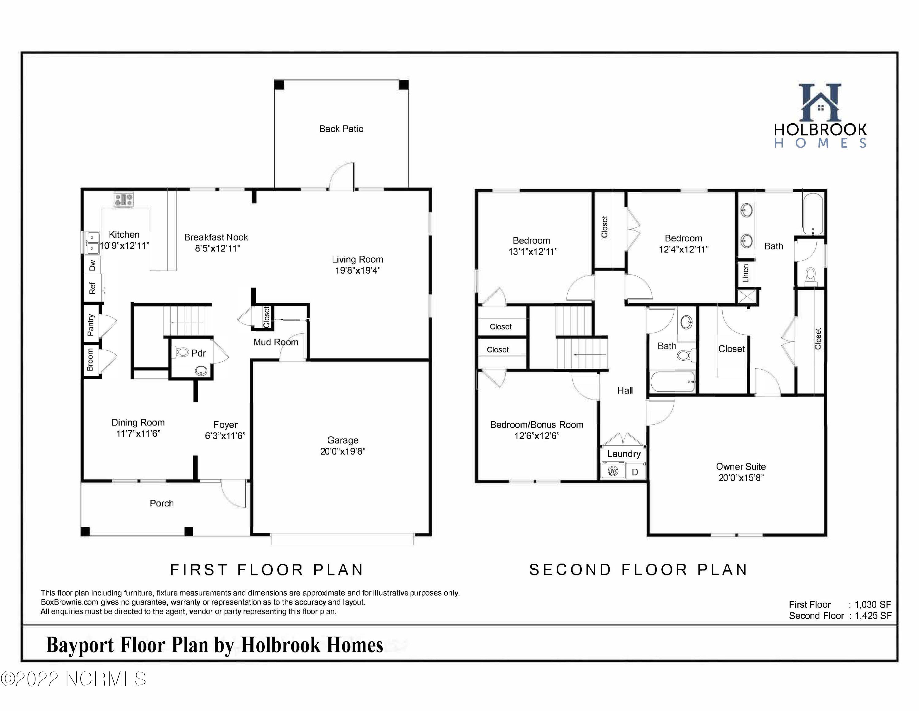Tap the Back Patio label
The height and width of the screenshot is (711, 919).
pyautogui.click(x=341, y=129)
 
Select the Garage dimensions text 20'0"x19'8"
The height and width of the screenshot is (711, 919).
pyautogui.click(x=342, y=451)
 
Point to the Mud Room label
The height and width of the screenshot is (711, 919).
pyautogui.click(x=276, y=342)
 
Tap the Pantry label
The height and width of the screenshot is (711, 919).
pyautogui.click(x=90, y=325)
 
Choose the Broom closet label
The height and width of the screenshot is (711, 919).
pyautogui.click(x=90, y=359)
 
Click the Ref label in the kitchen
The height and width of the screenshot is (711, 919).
pyautogui.click(x=92, y=289)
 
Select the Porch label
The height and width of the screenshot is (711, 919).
pyautogui.click(x=161, y=503)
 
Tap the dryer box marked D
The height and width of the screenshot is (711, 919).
pyautogui.click(x=635, y=471)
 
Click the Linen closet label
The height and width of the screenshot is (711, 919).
pyautogui.click(x=746, y=273)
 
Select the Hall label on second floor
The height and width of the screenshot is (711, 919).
pyautogui.click(x=625, y=390)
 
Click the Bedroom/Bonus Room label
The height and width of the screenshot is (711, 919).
pyautogui.click(x=537, y=425)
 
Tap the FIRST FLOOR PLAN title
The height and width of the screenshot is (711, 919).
pyautogui.click(x=267, y=570)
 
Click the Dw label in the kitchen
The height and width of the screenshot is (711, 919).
pyautogui.click(x=92, y=265)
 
